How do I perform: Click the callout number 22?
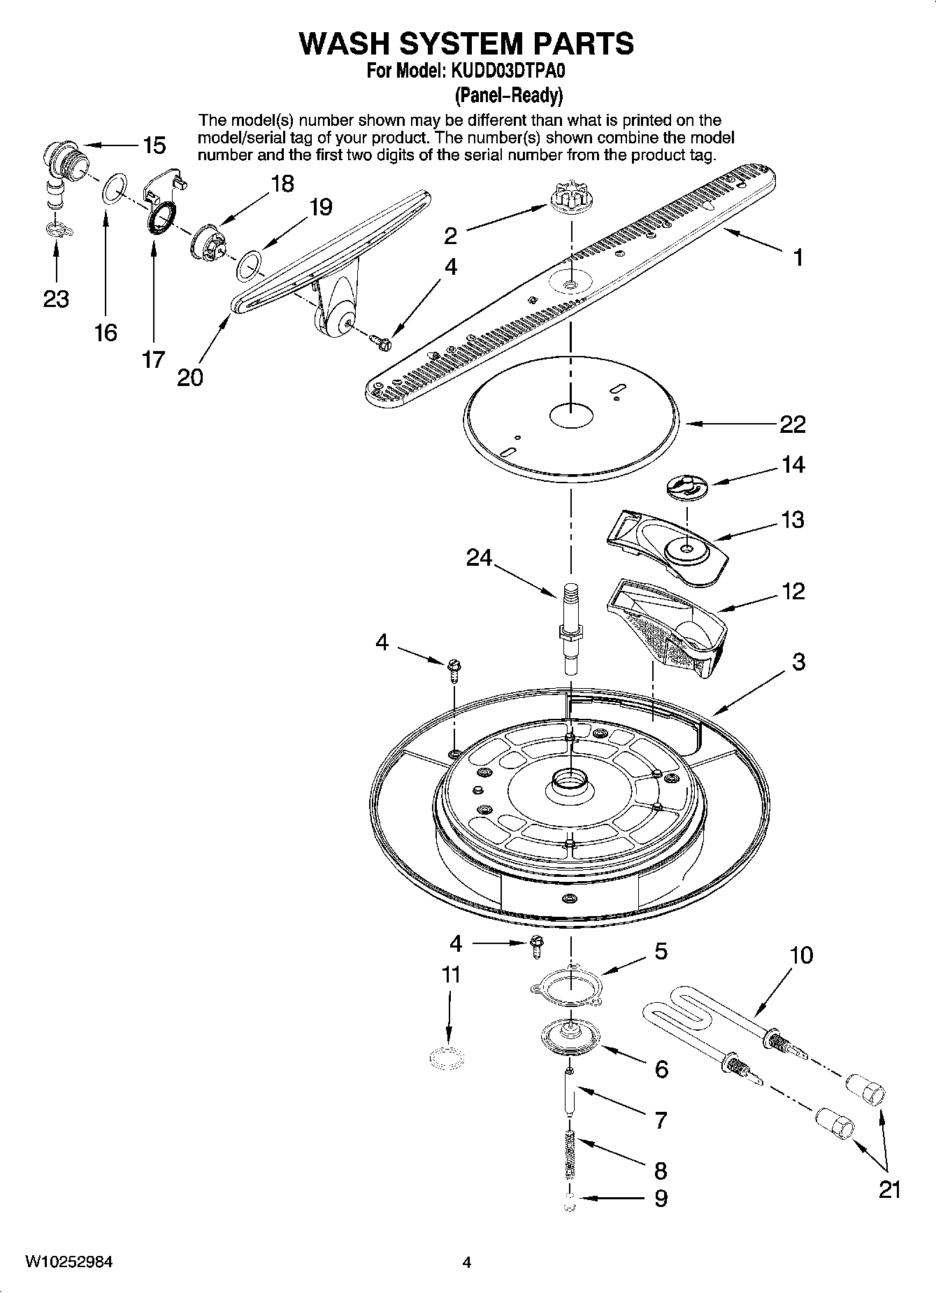click(792, 424)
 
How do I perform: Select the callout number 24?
click(480, 558)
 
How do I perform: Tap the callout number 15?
click(154, 145)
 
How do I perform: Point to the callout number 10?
click(801, 955)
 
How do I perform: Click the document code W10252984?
click(69, 1262)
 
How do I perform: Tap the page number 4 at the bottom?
click(467, 1262)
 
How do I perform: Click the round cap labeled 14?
click(686, 486)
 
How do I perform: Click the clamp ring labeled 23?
click(55, 229)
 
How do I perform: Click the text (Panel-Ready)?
click(508, 94)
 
